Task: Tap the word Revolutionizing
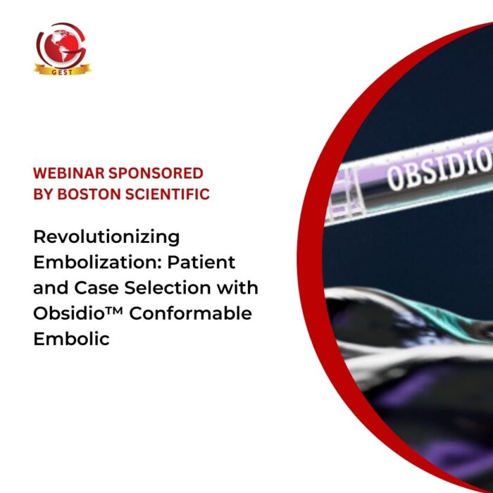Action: (x=106, y=237)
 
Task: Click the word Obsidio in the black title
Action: (x=68, y=313)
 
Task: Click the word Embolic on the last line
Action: (x=71, y=339)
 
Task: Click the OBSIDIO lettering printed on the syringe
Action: (x=437, y=169)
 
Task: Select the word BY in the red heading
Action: (x=44, y=194)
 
